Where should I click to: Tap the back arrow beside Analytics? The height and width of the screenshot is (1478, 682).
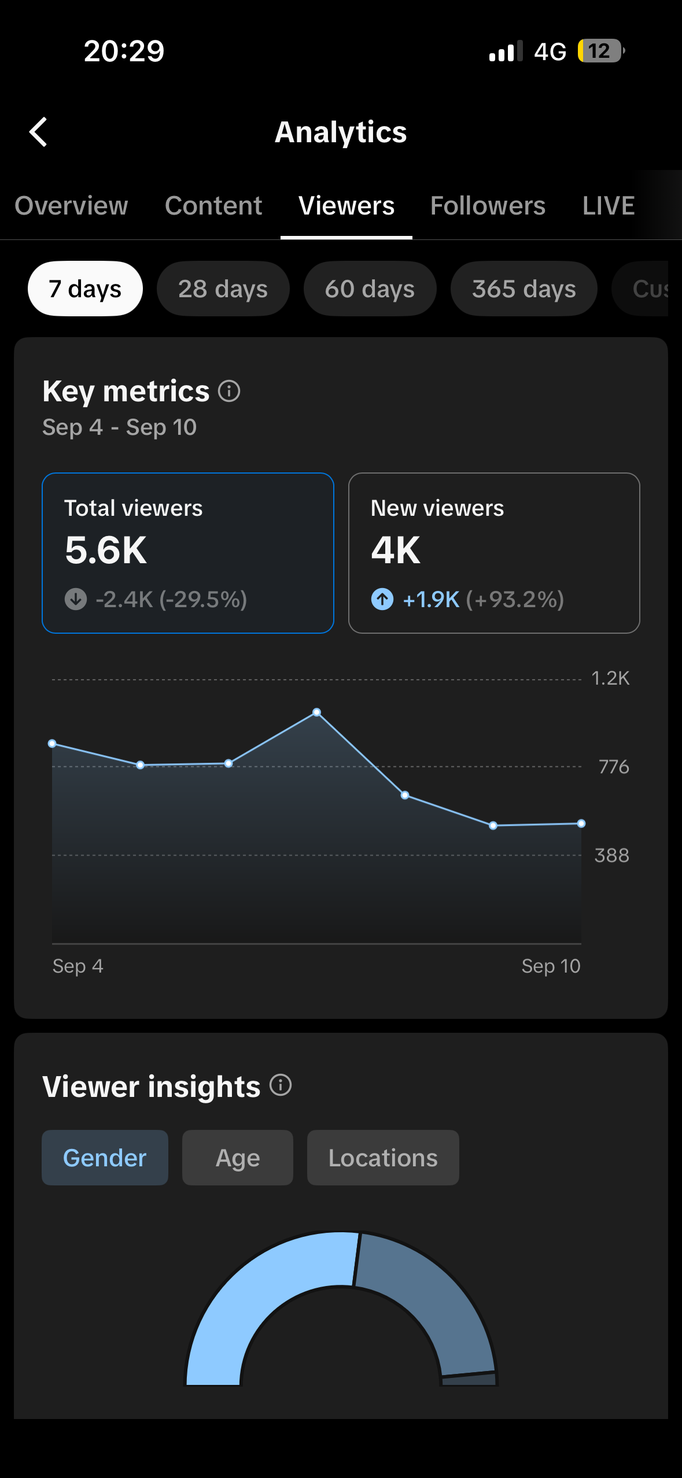38,132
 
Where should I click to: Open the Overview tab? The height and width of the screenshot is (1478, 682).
71,206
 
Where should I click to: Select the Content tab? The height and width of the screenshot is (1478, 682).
213,206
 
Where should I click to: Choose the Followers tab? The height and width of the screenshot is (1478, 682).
488,206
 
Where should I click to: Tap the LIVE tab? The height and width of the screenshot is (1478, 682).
609,206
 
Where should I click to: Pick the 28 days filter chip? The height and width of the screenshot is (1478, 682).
223,289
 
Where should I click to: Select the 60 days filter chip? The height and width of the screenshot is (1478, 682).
370,289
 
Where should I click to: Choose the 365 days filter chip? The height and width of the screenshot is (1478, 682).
524,289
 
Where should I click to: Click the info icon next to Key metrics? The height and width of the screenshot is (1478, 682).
229,391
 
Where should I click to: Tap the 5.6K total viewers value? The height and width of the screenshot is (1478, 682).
106,550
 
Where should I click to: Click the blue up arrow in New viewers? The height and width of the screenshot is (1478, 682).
382,599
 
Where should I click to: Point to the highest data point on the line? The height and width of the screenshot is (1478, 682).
316,712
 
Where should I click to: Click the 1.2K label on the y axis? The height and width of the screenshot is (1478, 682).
610,678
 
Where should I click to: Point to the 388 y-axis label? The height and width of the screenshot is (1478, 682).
612,855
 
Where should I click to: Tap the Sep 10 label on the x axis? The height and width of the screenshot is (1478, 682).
551,966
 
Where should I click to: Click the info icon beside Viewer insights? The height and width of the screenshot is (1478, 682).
281,1085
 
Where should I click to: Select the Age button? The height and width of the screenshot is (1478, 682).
238,1158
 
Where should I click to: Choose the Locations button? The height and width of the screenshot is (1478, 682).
383,1158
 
